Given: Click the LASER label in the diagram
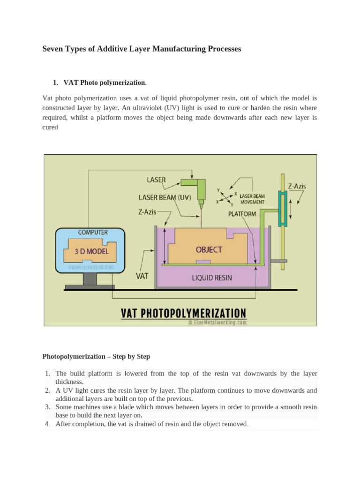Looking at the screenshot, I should click(157, 179).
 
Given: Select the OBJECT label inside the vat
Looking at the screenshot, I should click(209, 249).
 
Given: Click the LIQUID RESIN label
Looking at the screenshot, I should click(212, 277).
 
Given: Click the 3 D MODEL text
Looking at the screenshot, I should click(92, 251).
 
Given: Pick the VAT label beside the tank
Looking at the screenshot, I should click(142, 276).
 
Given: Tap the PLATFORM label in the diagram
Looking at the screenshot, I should click(242, 214).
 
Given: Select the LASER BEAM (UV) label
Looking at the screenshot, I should click(165, 197).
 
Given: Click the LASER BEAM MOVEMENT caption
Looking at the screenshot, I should click(252, 199).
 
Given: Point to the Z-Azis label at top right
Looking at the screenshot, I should click(297, 186).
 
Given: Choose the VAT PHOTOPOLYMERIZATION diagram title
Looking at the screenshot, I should click(183, 313).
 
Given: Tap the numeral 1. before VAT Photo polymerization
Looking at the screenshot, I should click(55, 83).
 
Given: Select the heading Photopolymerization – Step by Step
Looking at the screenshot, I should click(96, 356).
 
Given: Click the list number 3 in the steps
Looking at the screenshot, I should click(47, 407).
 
